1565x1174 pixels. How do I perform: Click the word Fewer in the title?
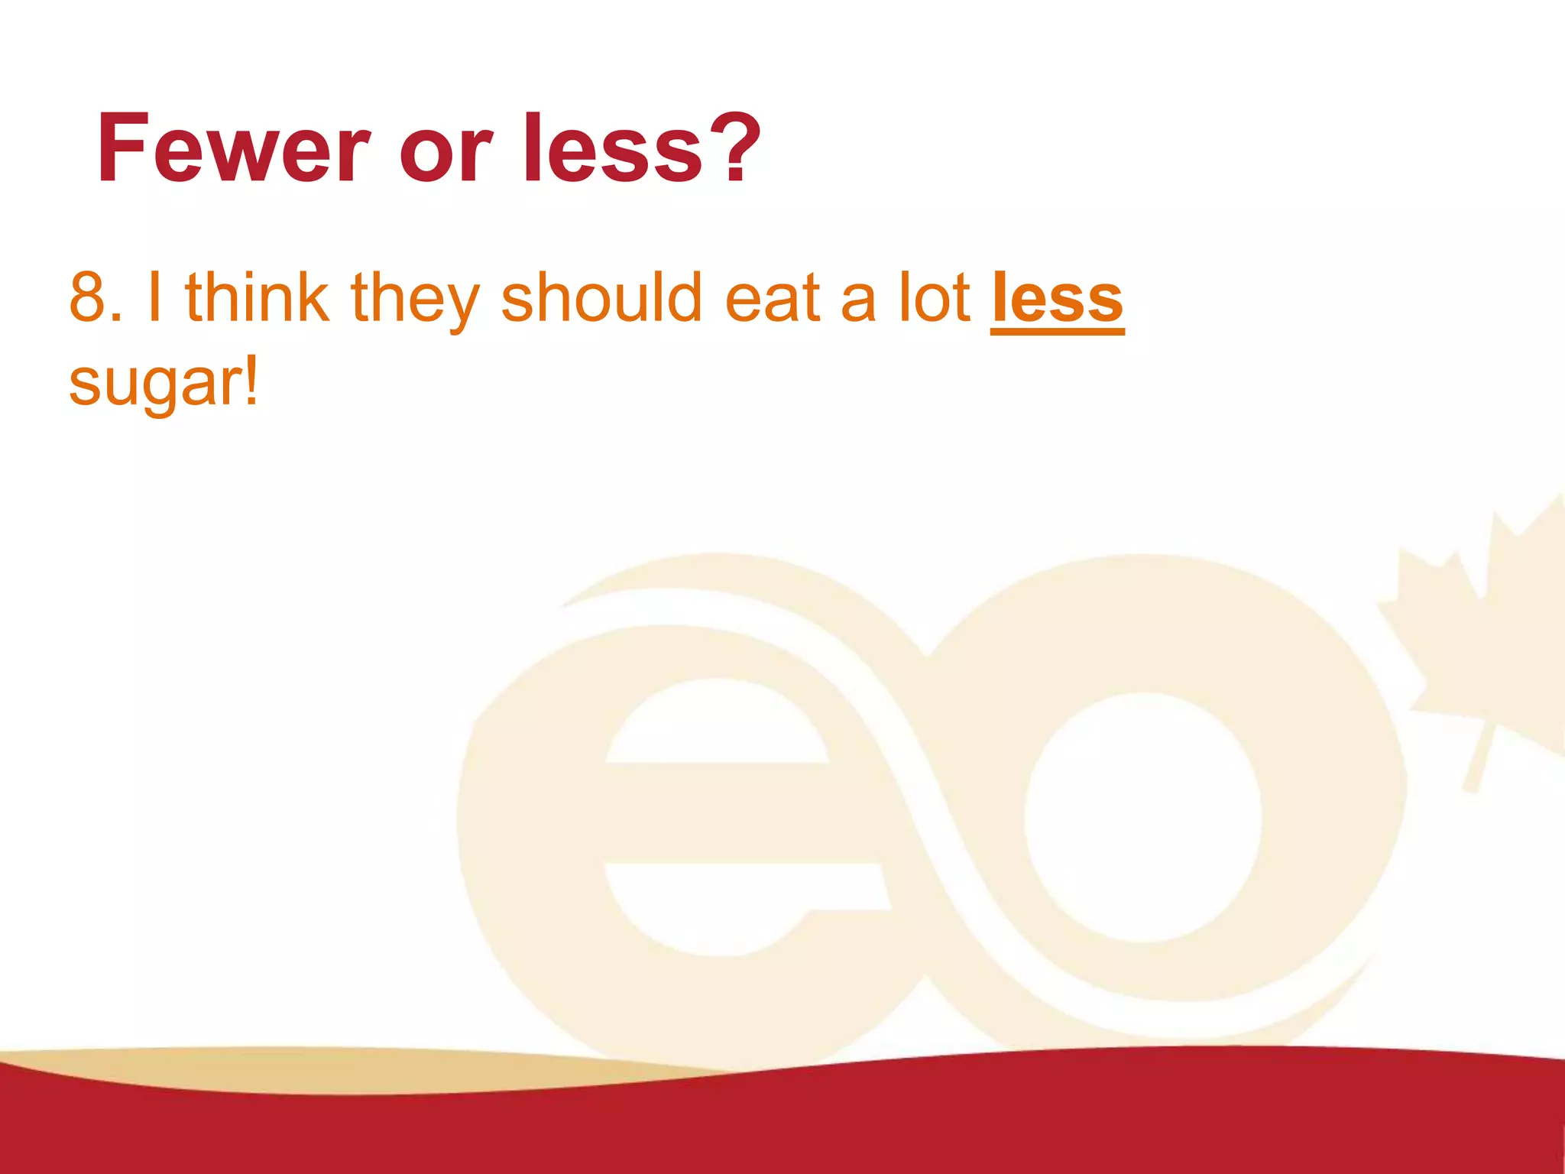point(233,149)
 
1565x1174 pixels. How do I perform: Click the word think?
point(257,298)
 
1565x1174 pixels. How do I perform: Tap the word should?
point(601,298)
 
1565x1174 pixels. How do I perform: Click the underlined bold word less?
point(1057,300)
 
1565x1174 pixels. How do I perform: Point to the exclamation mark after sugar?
point(251,380)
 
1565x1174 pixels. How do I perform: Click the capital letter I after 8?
point(154,298)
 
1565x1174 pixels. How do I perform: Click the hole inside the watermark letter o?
point(1142,818)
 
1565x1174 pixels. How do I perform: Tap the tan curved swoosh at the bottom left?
point(344,1070)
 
